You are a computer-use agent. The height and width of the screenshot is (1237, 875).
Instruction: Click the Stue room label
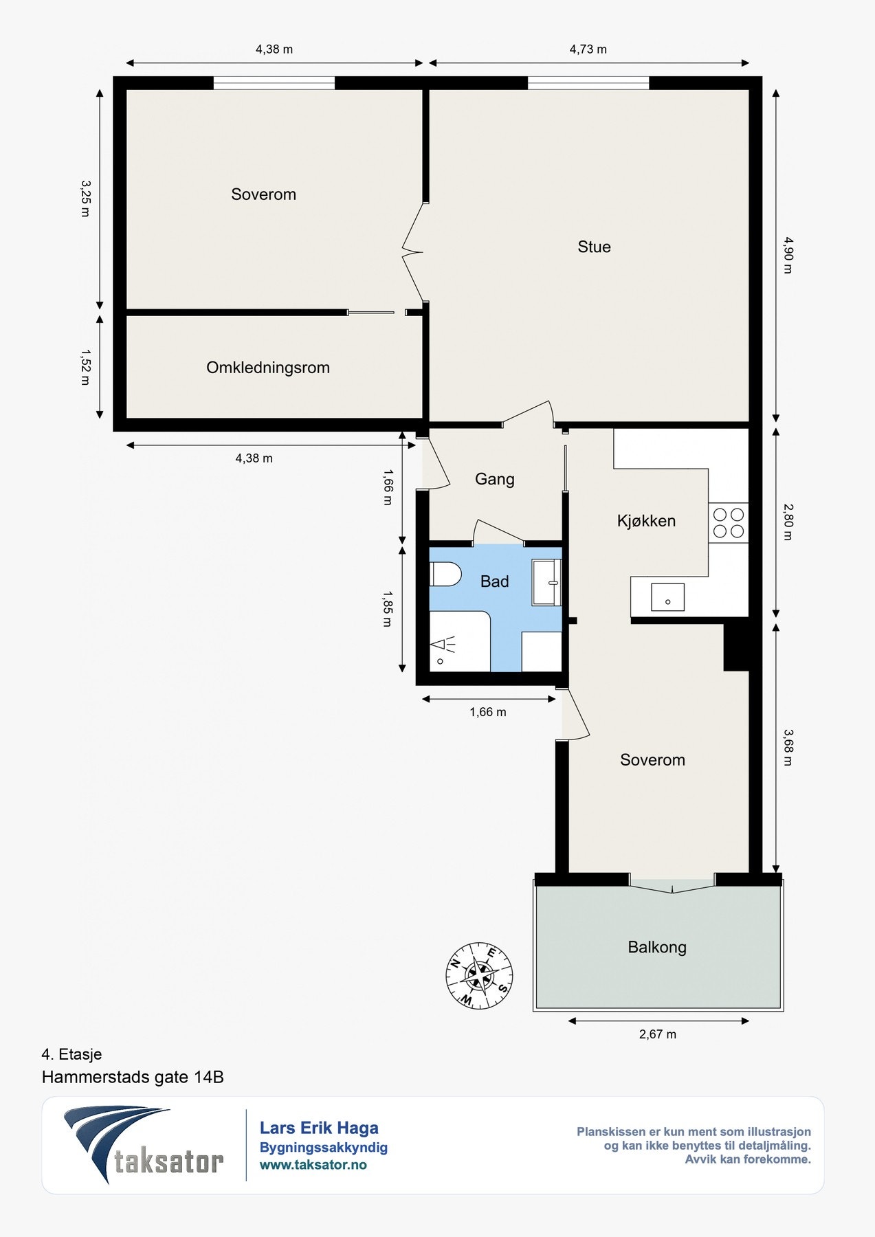[594, 247]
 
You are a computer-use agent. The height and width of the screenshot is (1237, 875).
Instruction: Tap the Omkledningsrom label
[268, 368]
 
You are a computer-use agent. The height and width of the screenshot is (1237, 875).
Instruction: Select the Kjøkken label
[646, 521]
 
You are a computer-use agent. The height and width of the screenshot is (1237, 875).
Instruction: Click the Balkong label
[657, 947]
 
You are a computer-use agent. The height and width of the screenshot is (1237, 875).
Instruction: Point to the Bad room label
[494, 581]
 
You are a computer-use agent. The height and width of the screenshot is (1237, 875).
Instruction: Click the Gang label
[494, 479]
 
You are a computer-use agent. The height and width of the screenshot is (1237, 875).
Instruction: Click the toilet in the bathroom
[445, 574]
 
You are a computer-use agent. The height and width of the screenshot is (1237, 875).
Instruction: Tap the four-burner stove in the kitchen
[729, 522]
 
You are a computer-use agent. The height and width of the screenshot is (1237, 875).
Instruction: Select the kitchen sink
[667, 598]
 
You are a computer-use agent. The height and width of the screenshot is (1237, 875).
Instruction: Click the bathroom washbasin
[547, 582]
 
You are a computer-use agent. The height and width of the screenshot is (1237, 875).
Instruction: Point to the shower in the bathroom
[459, 641]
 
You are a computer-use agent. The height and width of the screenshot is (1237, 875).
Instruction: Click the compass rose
[479, 975]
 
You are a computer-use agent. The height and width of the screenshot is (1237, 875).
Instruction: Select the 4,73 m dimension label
[588, 49]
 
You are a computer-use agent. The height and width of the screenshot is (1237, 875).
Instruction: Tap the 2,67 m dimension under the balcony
[658, 1034]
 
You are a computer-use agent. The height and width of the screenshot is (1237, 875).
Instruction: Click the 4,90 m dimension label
[788, 255]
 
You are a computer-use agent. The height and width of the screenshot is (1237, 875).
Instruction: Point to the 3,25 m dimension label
[85, 199]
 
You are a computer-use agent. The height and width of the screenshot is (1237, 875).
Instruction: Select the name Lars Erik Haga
[319, 1128]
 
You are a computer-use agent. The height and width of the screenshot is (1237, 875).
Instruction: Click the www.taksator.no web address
[313, 1165]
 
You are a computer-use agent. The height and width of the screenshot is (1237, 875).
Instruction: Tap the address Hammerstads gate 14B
[133, 1077]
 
